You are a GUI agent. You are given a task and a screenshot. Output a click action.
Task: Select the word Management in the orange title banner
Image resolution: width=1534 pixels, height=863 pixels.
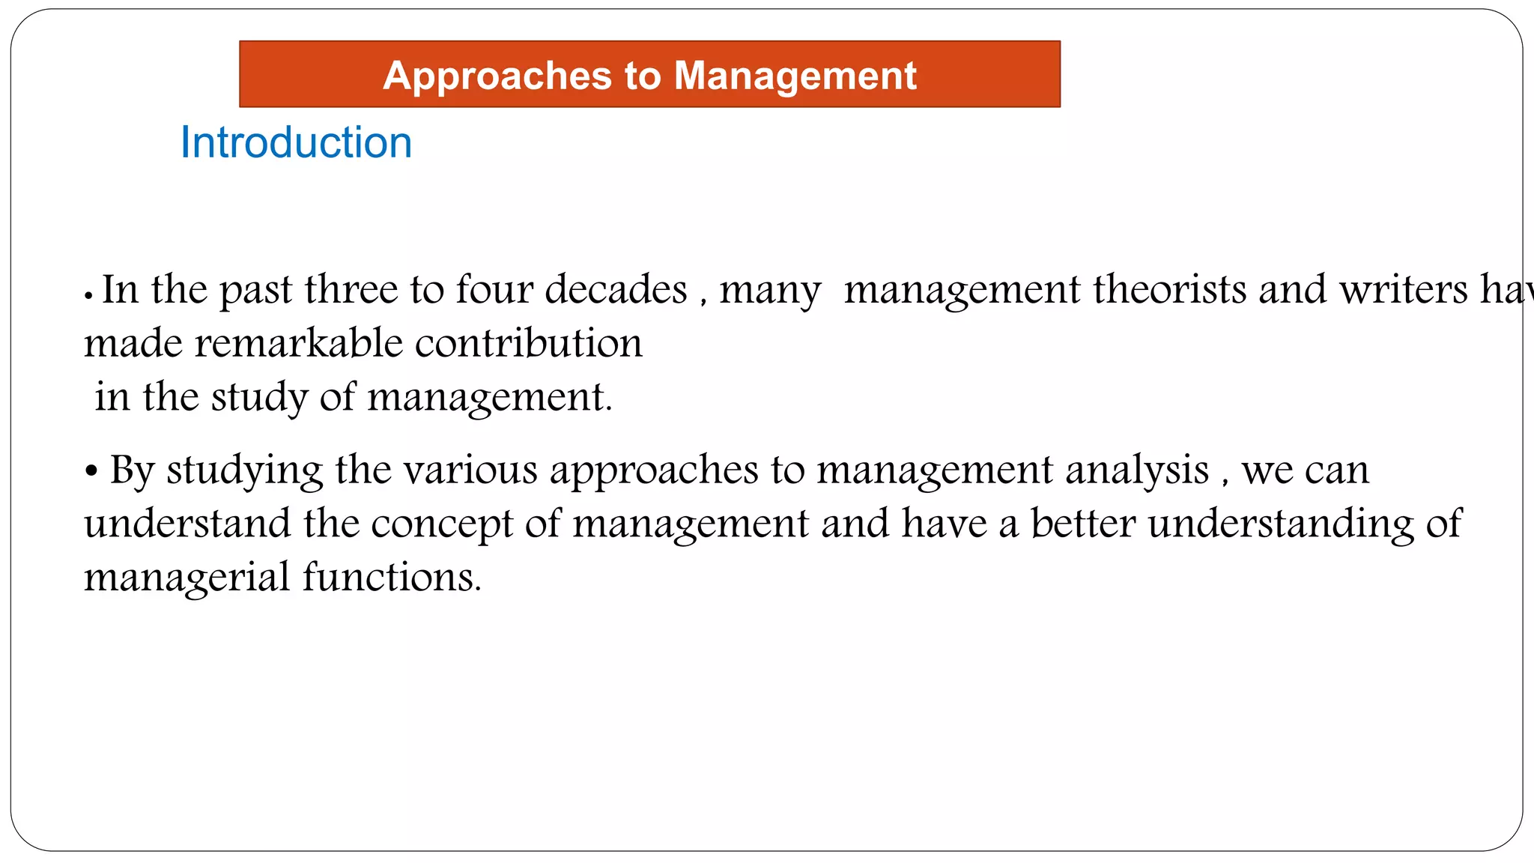point(795,76)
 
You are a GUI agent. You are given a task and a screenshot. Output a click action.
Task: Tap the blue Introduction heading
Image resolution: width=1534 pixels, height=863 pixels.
point(296,142)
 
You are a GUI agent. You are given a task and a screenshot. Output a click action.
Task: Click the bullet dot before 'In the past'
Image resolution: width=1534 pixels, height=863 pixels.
point(88,296)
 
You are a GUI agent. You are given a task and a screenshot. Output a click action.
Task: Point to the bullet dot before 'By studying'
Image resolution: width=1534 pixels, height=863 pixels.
point(91,473)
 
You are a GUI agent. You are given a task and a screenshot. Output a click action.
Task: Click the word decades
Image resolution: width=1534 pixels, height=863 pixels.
point(616,290)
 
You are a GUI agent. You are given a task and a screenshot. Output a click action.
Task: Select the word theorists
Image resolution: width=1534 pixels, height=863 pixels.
point(1169,290)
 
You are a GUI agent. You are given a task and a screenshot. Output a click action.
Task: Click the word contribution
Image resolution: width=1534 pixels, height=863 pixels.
point(529,344)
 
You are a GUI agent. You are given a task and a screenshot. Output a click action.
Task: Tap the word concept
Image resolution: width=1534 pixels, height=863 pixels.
point(442,525)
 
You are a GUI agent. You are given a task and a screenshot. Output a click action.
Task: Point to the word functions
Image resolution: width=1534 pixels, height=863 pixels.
point(392,578)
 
